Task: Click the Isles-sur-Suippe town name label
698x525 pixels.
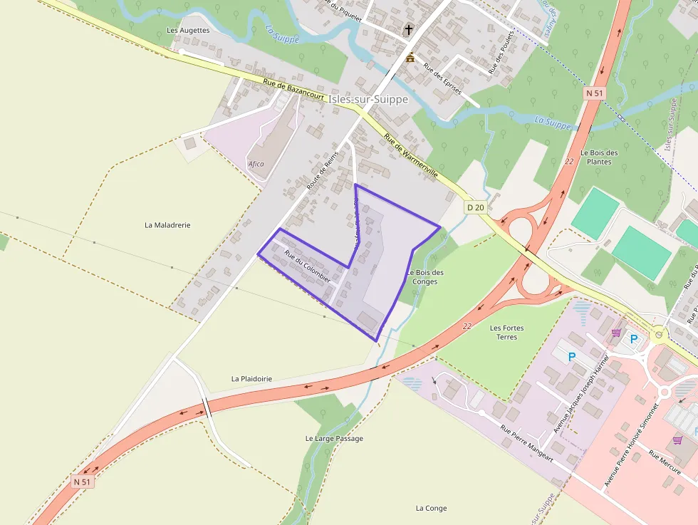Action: point(368,100)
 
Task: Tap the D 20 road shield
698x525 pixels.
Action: point(475,207)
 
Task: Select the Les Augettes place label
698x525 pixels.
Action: point(188,31)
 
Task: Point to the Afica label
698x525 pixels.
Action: point(256,164)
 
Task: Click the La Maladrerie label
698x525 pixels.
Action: point(167,225)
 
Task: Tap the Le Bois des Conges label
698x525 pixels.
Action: point(426,277)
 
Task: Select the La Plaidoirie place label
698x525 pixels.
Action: point(251,379)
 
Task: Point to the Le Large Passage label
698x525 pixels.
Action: point(334,438)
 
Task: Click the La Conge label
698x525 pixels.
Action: point(431,508)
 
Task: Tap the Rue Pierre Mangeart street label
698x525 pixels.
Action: point(526,444)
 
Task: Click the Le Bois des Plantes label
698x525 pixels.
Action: point(599,157)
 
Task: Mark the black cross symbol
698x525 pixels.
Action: point(410,30)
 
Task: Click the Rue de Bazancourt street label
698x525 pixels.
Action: point(293,89)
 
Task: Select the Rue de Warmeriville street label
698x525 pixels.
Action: point(411,156)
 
